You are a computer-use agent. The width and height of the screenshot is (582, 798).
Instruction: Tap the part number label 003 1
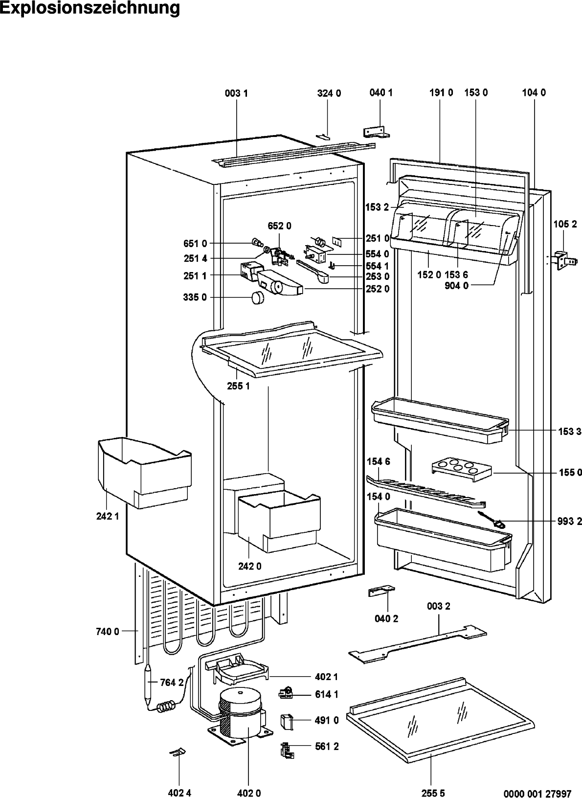236,93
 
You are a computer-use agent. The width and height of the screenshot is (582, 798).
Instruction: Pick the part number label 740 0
108,632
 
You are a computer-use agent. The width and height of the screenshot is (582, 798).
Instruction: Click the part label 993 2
569,522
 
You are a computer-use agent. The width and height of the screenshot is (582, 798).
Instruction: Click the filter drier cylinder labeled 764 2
150,684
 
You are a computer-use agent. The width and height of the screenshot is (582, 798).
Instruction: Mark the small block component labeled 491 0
286,721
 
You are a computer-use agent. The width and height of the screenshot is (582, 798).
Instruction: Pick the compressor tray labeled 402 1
237,669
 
